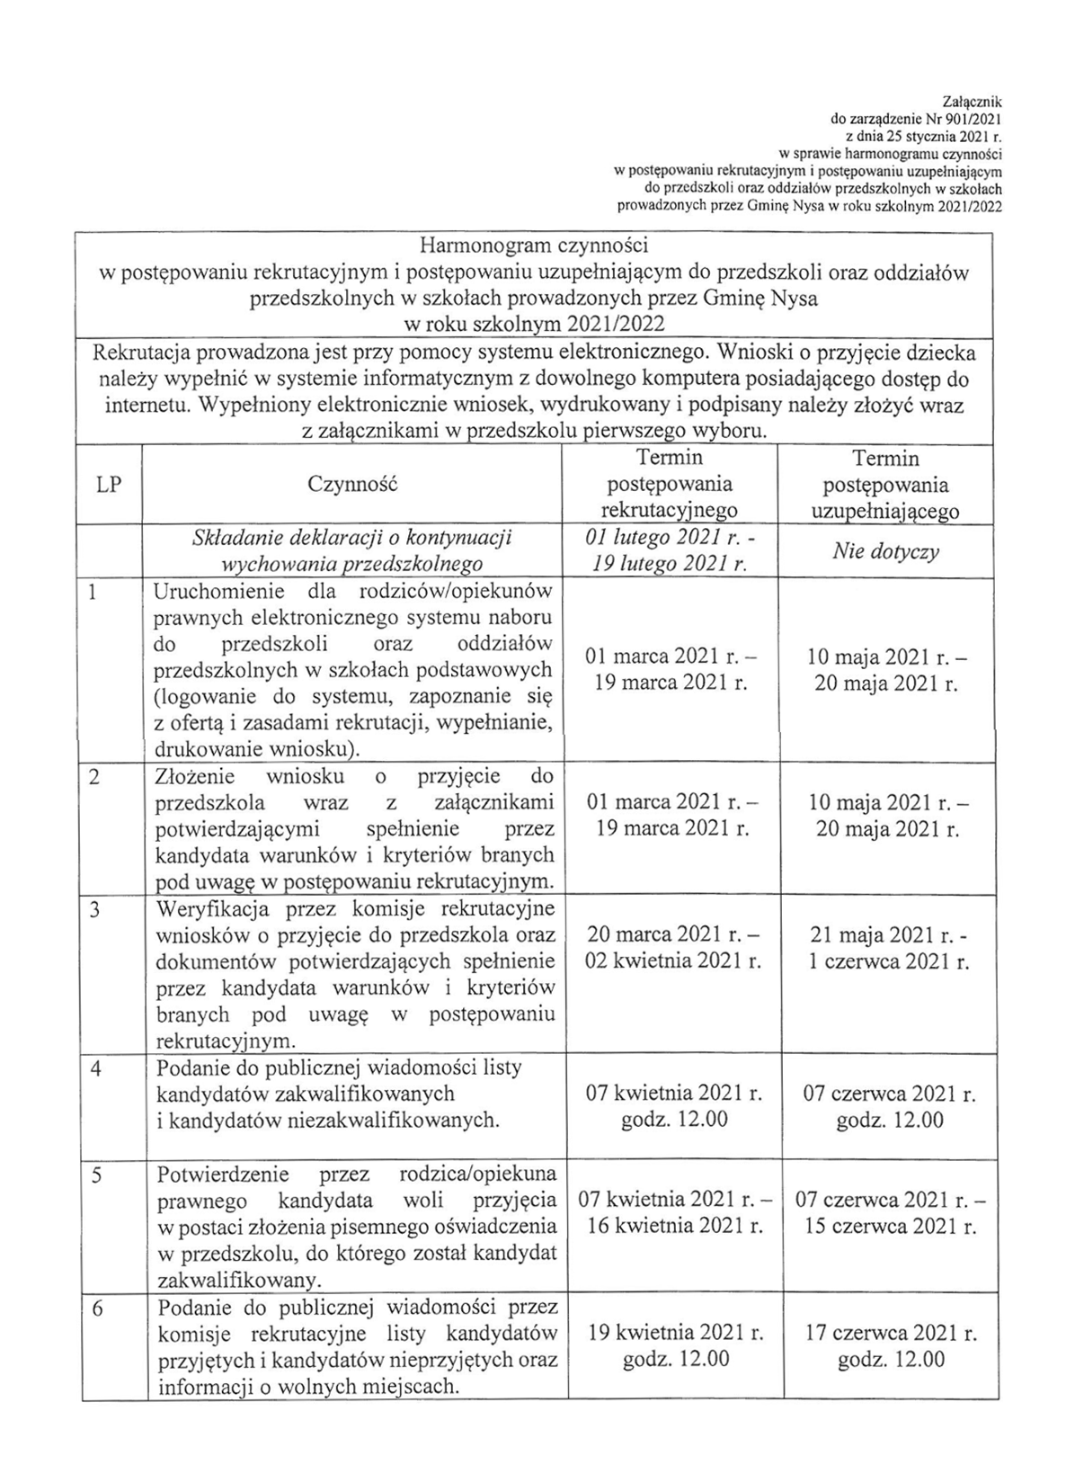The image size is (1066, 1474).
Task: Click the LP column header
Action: (108, 485)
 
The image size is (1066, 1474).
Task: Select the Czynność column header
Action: (352, 485)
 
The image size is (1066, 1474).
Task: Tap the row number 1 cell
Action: (93, 594)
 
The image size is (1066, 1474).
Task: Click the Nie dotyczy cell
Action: (885, 550)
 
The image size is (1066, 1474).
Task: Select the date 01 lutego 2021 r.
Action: (663, 538)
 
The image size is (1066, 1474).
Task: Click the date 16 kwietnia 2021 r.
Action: (673, 1226)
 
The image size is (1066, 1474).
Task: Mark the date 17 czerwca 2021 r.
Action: (890, 1332)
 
